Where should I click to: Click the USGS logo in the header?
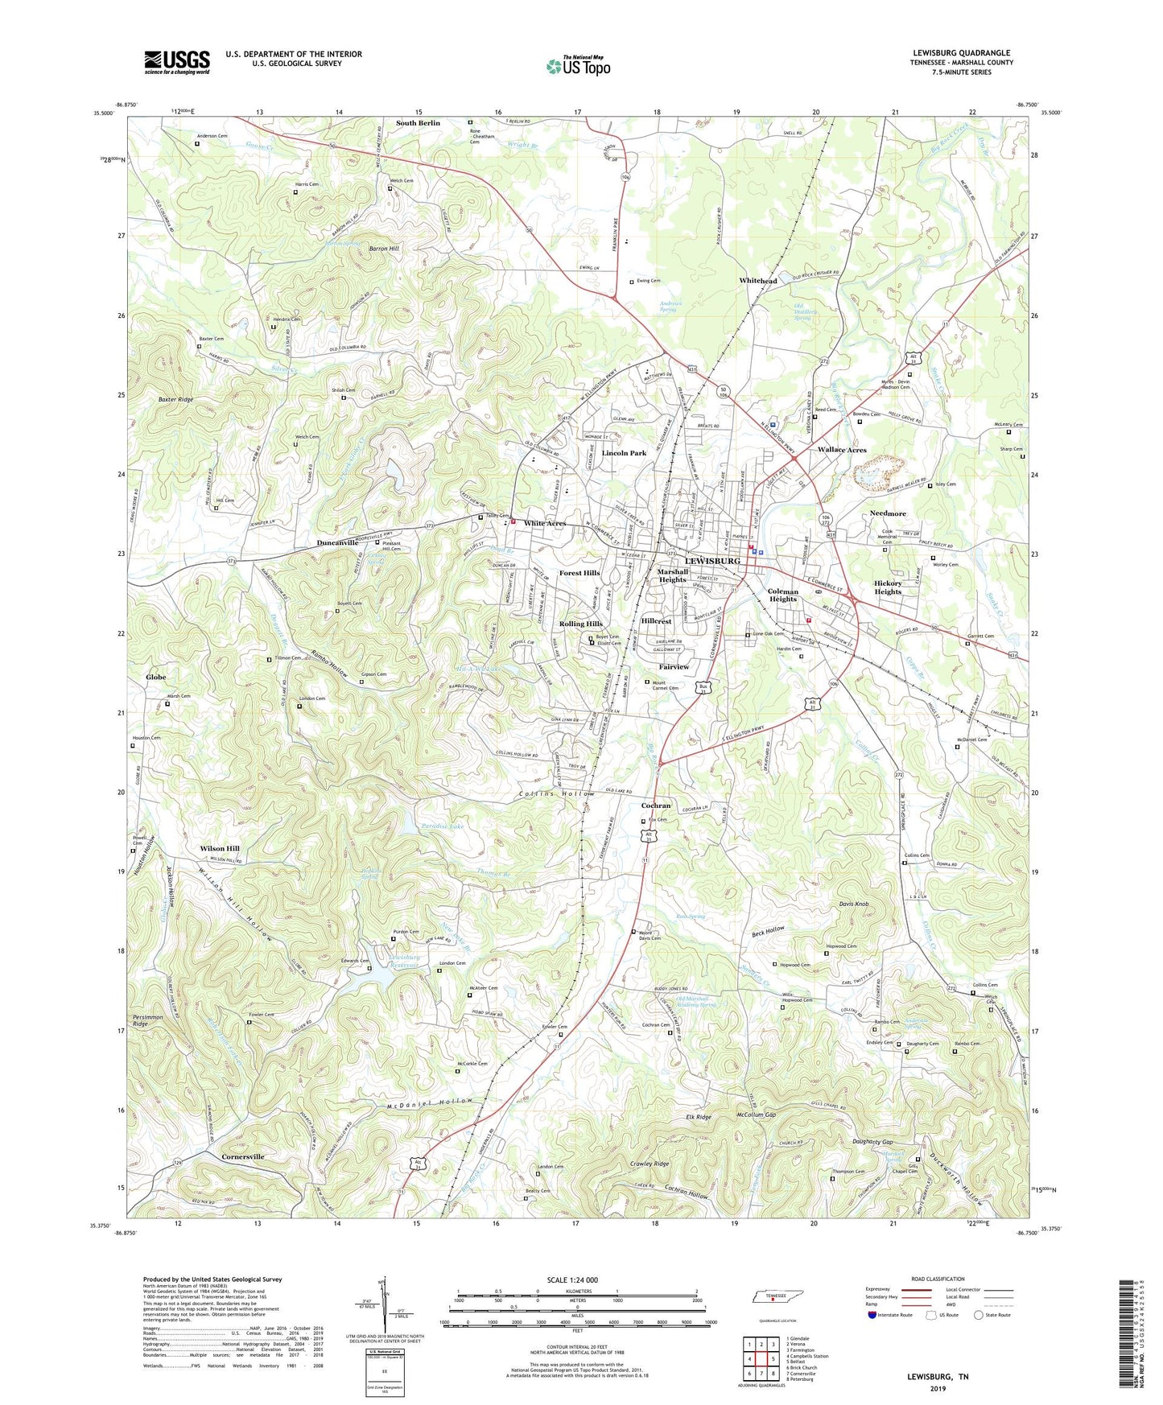(x=177, y=62)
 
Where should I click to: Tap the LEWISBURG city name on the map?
(x=711, y=560)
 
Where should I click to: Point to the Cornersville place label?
(x=242, y=1156)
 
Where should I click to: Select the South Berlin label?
(x=418, y=123)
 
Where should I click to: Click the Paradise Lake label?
(x=442, y=826)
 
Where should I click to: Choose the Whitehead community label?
(x=758, y=281)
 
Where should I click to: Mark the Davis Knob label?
(x=852, y=904)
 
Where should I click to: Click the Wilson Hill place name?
(x=220, y=848)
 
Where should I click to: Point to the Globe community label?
(x=155, y=678)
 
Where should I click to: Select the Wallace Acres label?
(x=842, y=450)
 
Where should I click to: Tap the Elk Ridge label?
(x=697, y=1117)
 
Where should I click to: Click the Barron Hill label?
(x=384, y=249)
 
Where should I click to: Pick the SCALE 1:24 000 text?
(x=572, y=1279)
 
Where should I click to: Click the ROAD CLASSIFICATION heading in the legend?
(x=938, y=1279)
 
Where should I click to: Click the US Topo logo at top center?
(x=578, y=66)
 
